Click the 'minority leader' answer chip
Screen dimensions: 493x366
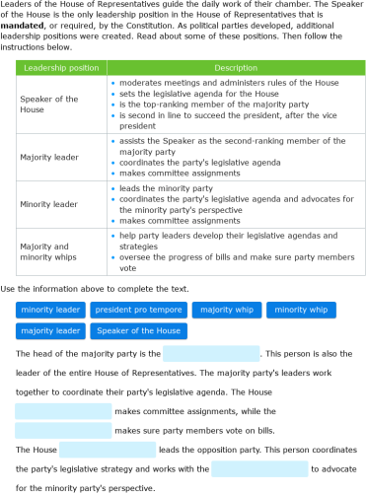[x=50, y=310]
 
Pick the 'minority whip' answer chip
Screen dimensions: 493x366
[x=301, y=310]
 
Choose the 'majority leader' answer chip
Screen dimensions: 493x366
[x=50, y=330]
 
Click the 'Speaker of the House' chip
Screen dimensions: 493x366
[x=139, y=330]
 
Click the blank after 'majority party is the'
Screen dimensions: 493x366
[x=211, y=353]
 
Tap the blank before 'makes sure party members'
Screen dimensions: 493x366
[x=63, y=430]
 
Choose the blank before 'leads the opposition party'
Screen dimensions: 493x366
[x=107, y=450]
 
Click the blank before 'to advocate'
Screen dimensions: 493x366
[x=259, y=468]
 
